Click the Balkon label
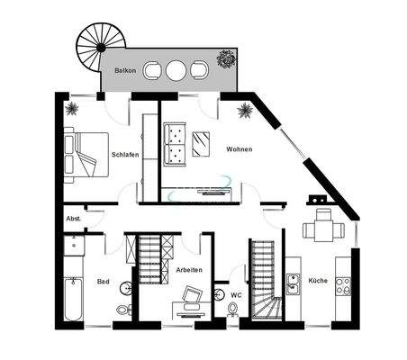click(x=124, y=69)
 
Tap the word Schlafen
click(x=124, y=155)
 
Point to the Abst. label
click(x=74, y=219)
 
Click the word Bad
click(x=104, y=282)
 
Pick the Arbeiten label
click(x=189, y=270)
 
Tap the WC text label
click(x=236, y=294)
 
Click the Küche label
click(x=318, y=282)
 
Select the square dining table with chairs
click(x=320, y=229)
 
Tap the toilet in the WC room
click(x=233, y=310)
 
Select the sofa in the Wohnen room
click(x=177, y=143)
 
